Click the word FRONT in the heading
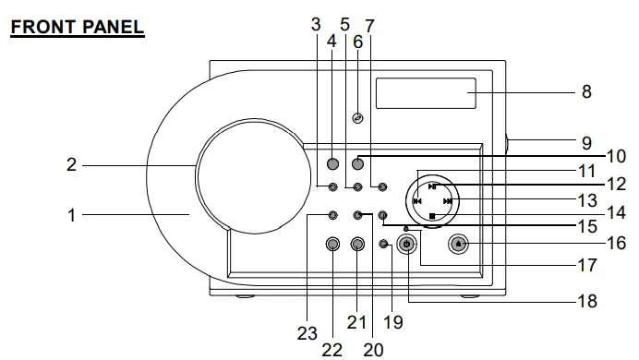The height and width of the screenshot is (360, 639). [x=43, y=27]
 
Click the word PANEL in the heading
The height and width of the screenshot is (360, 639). [x=114, y=27]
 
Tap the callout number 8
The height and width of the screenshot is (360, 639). [x=586, y=91]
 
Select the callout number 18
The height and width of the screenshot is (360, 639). [x=587, y=301]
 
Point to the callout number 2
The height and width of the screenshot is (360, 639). [x=71, y=164]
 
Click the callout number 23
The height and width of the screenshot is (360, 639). [x=307, y=334]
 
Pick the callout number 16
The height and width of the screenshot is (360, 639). [x=616, y=243]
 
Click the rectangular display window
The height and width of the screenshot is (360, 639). [x=426, y=93]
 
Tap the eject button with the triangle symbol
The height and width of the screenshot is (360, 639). [x=458, y=244]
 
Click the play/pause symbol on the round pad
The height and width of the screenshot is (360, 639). [x=432, y=186]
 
